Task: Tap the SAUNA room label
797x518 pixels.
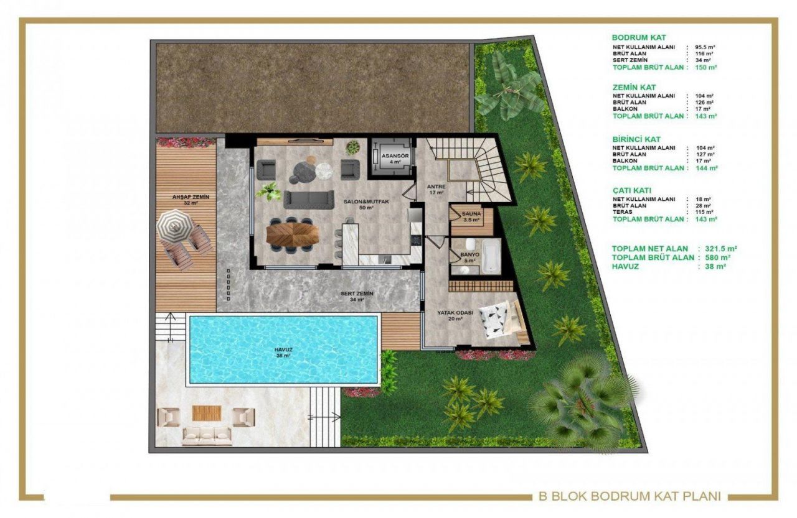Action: (471, 217)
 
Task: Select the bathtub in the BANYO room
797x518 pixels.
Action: (491, 257)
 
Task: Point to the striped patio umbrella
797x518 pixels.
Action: (175, 225)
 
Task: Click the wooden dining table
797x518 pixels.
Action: (292, 233)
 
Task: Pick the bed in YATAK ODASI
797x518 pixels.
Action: (504, 318)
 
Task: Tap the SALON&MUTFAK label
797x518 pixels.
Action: (359, 204)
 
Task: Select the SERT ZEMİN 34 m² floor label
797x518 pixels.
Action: (357, 296)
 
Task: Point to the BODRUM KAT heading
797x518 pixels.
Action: (639, 38)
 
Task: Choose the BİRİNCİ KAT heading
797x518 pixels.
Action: (636, 139)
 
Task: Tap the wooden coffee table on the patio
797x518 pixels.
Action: (203, 413)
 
